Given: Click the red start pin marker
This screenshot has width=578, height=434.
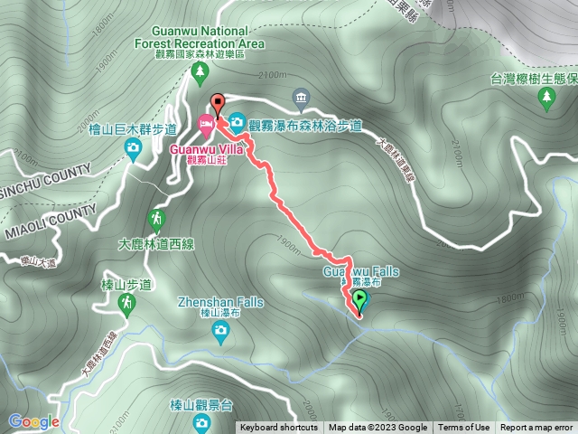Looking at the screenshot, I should click(216, 102).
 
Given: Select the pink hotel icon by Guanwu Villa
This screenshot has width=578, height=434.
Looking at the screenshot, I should click(207, 121).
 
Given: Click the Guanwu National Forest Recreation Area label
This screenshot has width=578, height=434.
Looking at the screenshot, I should click(200, 37).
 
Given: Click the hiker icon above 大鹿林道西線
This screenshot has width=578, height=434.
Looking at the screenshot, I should click(156, 219).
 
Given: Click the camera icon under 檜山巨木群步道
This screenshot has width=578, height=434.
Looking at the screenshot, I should click(133, 147).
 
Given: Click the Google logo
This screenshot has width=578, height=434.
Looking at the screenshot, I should click(33, 421).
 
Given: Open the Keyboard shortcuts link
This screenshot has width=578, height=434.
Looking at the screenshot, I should click(279, 428).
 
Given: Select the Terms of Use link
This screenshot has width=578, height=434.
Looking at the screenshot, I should click(464, 428).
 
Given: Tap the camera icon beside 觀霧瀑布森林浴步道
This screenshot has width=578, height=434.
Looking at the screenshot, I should click(237, 121).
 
